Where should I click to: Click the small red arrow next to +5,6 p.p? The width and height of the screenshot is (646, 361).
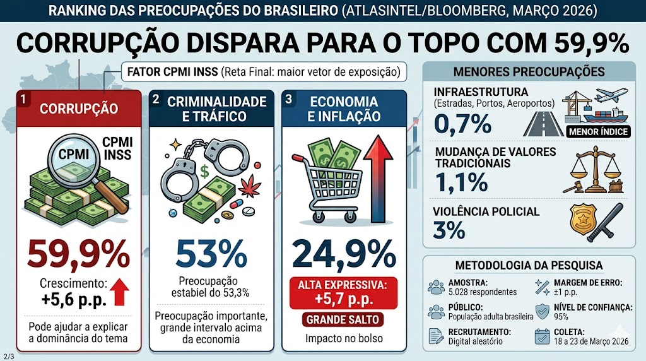point(120,293)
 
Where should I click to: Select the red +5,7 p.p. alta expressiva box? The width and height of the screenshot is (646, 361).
point(343,292)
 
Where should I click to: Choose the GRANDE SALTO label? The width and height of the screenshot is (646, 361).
point(343,319)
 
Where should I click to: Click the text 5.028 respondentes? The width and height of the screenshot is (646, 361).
point(483,292)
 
